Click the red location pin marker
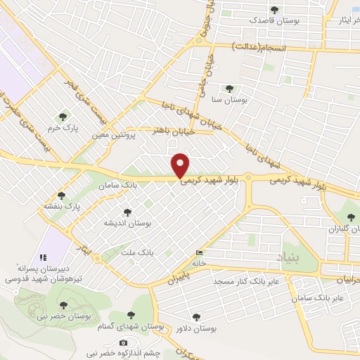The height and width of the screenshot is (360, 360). pyautogui.click(x=181, y=165)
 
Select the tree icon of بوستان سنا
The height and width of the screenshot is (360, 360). pyautogui.click(x=229, y=89)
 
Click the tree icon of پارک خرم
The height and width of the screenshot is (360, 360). pyautogui.click(x=63, y=116)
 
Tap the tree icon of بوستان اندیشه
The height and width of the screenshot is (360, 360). pyautogui.click(x=127, y=212)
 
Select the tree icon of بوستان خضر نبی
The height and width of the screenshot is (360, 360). pyautogui.click(x=64, y=305)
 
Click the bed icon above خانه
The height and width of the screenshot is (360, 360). pyautogui.click(x=200, y=253)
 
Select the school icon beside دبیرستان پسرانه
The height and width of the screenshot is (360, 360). pyautogui.click(x=44, y=257)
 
